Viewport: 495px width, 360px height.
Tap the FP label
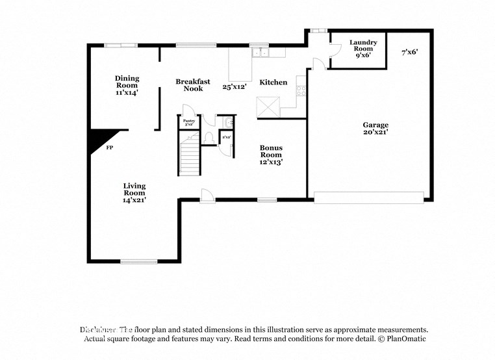[x=110, y=148]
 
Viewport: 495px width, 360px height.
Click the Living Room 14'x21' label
[x=134, y=193]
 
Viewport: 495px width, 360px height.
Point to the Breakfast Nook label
[x=193, y=85]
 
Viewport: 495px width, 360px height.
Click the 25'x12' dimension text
[x=235, y=86]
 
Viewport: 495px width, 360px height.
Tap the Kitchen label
[x=273, y=83]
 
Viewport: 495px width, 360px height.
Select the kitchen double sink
[x=260, y=51]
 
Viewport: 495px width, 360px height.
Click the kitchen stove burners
[x=301, y=87]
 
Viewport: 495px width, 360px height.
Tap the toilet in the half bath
[x=209, y=137]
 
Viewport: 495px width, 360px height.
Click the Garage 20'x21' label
[x=375, y=128]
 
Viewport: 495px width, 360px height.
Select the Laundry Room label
[x=362, y=49]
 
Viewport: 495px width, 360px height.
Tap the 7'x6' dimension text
[x=409, y=51]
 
